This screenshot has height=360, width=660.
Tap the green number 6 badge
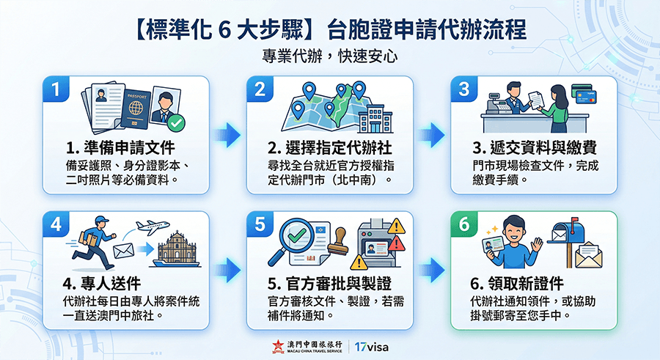[464, 225]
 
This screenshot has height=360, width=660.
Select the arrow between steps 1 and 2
[230, 134]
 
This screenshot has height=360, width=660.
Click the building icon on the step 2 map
[373, 114]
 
